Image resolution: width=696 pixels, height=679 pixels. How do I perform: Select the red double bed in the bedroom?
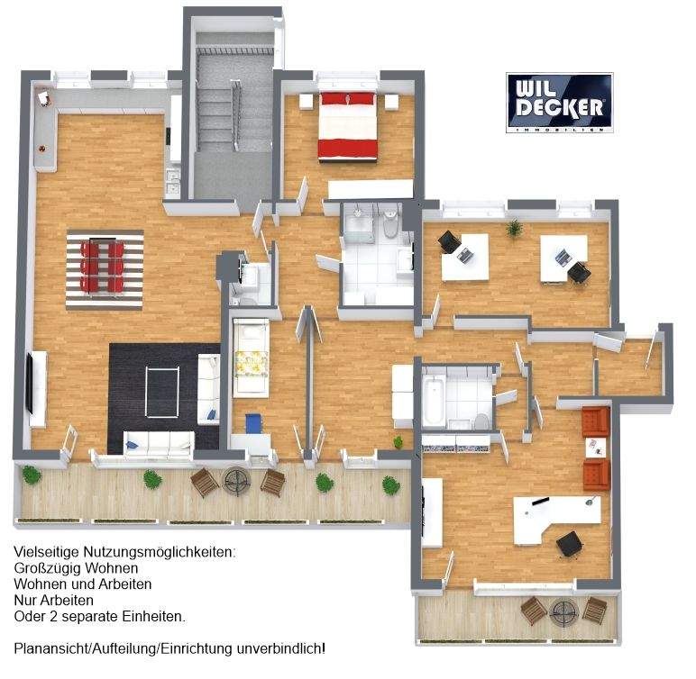(x=347, y=126)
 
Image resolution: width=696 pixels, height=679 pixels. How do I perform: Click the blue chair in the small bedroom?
(x=252, y=422)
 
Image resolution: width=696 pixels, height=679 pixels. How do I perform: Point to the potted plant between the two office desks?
(x=514, y=228)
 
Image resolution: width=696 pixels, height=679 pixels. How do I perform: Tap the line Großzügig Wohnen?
(x=76, y=568)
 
